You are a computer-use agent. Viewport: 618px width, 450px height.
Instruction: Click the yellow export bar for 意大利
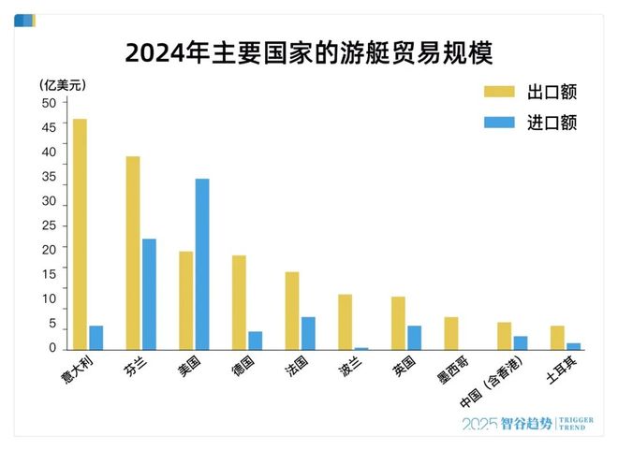80,234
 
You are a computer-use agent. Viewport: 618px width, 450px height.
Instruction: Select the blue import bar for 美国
202,264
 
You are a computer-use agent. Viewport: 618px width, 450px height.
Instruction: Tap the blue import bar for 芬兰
149,294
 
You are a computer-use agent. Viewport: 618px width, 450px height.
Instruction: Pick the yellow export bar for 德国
239,302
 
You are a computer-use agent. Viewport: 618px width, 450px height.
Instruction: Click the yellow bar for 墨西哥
451,333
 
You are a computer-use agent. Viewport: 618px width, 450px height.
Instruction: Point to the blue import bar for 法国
308,333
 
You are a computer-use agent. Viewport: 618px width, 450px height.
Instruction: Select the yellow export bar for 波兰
346,322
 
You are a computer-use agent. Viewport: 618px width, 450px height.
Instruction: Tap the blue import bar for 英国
414,338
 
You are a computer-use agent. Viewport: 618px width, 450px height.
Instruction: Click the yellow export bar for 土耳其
557,338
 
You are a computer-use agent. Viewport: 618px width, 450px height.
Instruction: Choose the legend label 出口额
551,92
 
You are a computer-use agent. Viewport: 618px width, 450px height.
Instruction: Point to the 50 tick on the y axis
49,103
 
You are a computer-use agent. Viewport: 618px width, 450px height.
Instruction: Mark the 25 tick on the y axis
49,226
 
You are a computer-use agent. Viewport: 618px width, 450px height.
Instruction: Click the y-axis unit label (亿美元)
63,84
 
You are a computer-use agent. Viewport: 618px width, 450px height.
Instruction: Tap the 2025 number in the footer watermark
479,424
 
